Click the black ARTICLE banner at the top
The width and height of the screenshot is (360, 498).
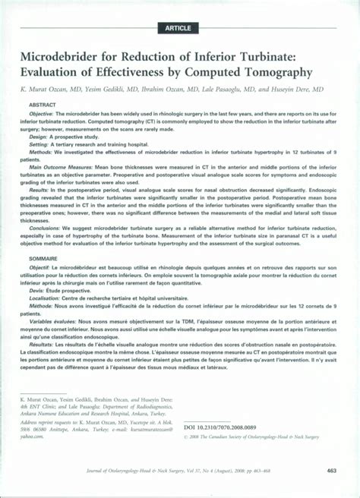(x=179, y=28)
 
